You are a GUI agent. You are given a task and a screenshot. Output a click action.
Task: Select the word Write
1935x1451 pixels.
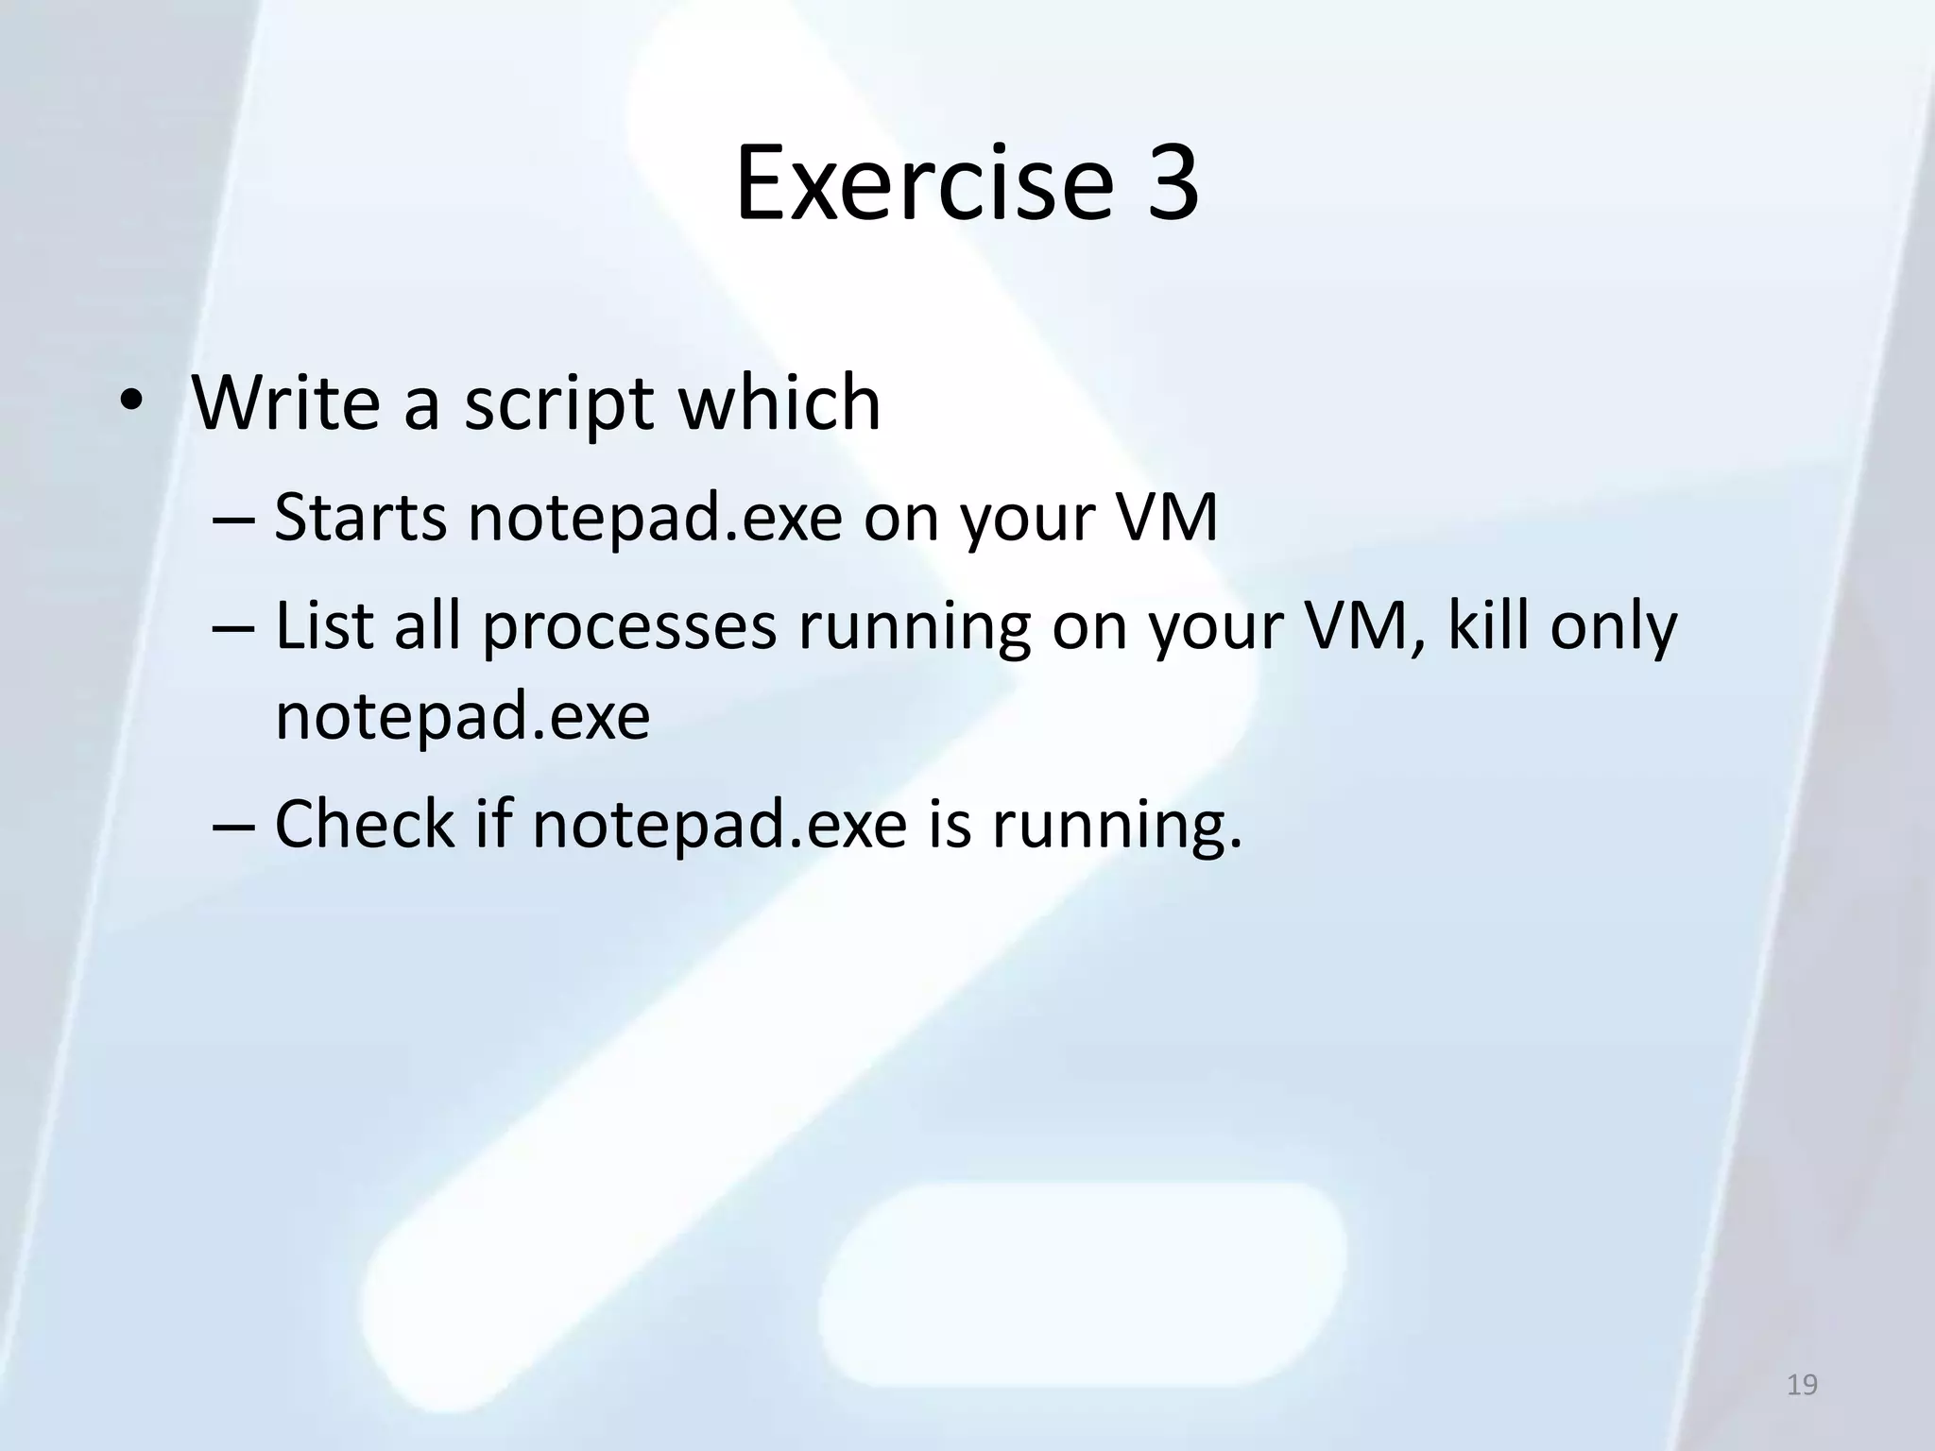[x=284, y=403]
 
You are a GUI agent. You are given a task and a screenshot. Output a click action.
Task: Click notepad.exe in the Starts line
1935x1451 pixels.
[x=655, y=519]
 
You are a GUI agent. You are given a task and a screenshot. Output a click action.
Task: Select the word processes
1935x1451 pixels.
[x=629, y=629]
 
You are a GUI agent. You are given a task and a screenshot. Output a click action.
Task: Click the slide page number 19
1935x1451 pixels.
[x=1802, y=1386]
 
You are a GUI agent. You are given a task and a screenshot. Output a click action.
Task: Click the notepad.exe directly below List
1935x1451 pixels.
[x=462, y=717]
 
